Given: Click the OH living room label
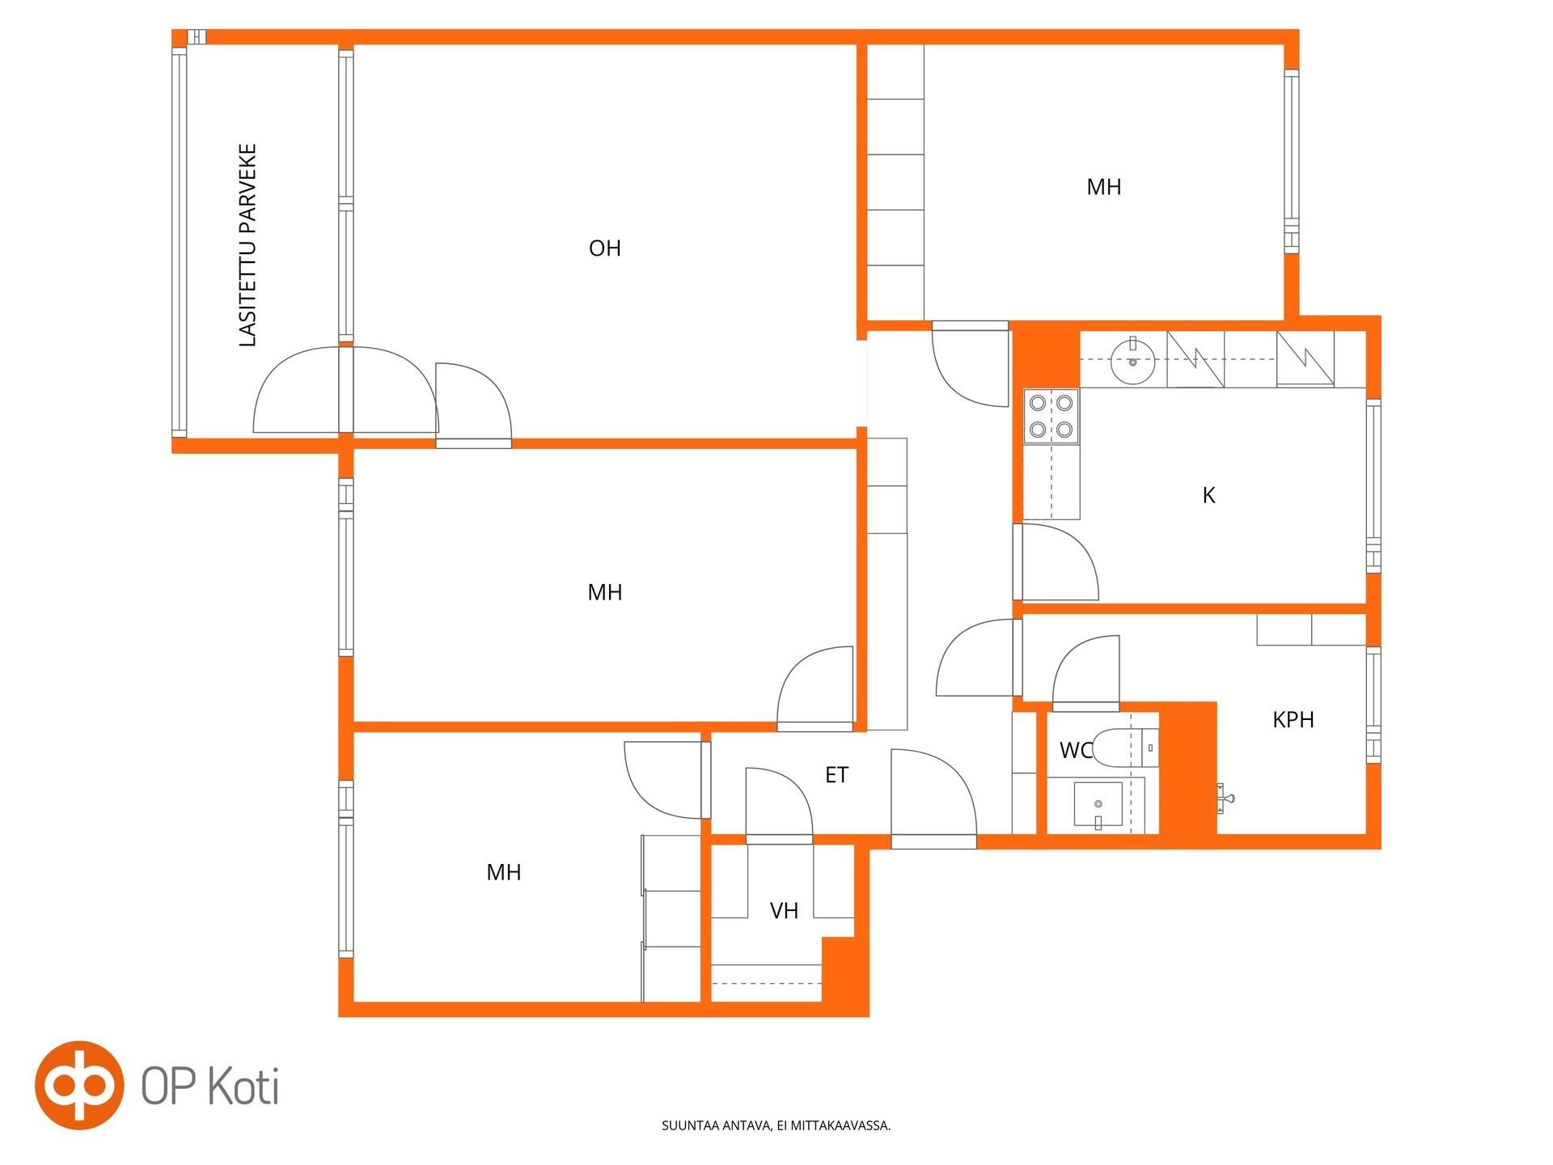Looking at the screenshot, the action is tap(605, 248).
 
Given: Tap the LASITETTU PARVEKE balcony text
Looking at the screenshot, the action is tap(248, 246).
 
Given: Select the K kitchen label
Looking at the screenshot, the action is tap(1209, 495).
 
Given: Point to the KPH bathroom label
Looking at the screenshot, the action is tap(1293, 719).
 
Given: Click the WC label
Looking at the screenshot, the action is tap(1076, 751).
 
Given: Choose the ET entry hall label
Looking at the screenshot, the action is tap(836, 775).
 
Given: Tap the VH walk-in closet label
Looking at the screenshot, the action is tap(784, 911).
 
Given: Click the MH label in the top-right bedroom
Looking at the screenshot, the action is tap(1104, 187).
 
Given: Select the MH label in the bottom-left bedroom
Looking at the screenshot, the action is tap(504, 872).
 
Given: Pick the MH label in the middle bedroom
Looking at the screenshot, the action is tap(605, 592).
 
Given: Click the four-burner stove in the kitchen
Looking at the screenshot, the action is tap(1052, 416).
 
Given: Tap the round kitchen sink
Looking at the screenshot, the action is tap(1134, 362).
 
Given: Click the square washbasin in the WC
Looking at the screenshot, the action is tap(1098, 804).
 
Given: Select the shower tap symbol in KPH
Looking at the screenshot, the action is tap(1226, 797).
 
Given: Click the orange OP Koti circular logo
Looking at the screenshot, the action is tap(79, 1085).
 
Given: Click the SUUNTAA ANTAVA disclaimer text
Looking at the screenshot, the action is tap(776, 1125).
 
